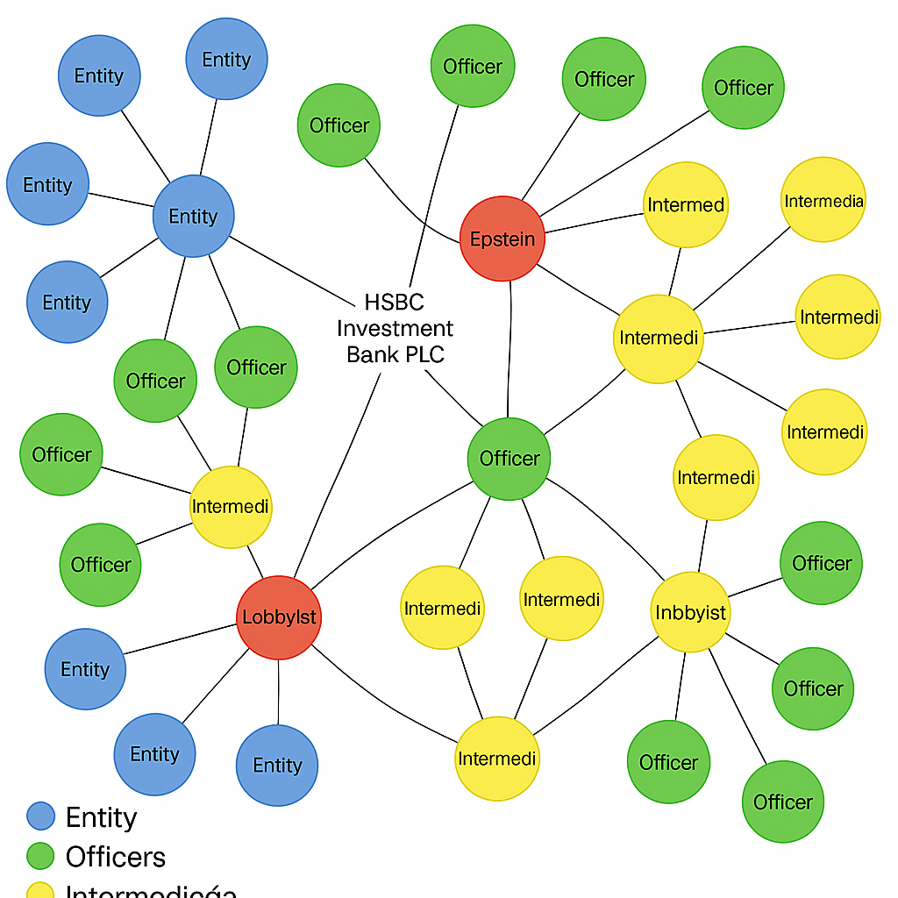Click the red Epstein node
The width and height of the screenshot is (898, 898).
(x=502, y=239)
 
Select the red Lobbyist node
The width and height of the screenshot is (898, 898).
(x=279, y=617)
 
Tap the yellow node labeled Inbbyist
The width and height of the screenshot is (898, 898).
(x=691, y=611)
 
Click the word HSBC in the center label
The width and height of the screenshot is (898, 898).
(x=394, y=303)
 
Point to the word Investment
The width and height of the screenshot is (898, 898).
(x=396, y=329)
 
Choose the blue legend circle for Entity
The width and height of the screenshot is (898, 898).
(x=40, y=816)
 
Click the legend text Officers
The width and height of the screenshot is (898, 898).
(x=115, y=857)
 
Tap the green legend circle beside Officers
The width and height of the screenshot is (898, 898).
(x=40, y=857)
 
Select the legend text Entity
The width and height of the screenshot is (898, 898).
(x=101, y=817)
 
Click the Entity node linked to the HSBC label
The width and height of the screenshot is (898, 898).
(x=193, y=216)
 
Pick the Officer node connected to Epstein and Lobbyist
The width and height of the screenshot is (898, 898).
(x=509, y=459)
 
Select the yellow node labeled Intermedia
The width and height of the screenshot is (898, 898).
(x=823, y=200)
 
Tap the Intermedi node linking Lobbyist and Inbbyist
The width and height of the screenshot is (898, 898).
(x=497, y=759)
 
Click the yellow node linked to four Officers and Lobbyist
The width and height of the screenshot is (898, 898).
(x=231, y=507)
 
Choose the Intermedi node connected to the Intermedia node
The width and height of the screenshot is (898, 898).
(x=658, y=339)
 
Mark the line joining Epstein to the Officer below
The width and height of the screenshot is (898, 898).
(x=510, y=351)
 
